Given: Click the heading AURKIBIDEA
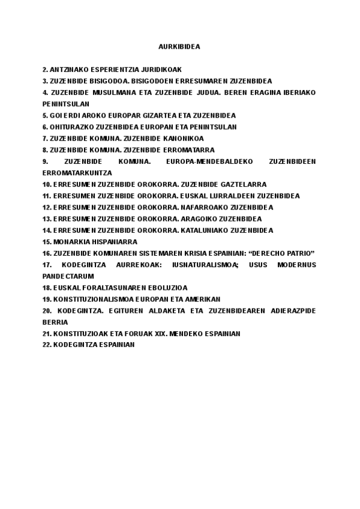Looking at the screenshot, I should coord(179,46).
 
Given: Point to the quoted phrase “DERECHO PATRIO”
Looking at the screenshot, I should coord(285,253).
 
